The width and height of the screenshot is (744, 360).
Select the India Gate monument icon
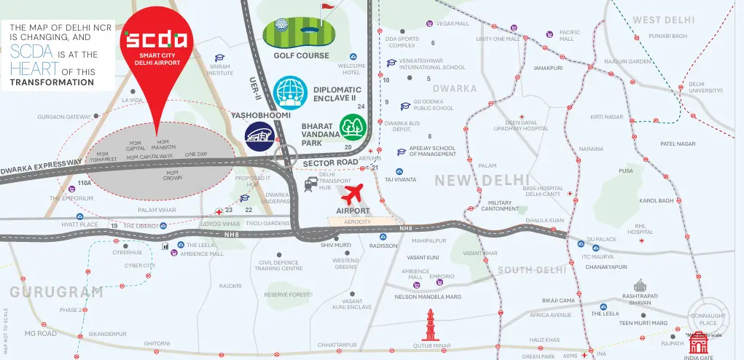pos(700,342)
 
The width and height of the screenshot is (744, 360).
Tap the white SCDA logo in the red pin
pos(157,39)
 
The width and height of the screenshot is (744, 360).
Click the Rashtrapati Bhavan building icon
pos(641,286)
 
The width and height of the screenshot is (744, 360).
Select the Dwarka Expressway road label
pos(42,168)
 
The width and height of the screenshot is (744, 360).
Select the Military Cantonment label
pos(501,206)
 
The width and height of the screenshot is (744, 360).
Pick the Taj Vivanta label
pos(400,179)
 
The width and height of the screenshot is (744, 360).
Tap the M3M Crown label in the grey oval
pos(173,175)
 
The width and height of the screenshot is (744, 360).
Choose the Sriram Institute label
pos(219,70)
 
